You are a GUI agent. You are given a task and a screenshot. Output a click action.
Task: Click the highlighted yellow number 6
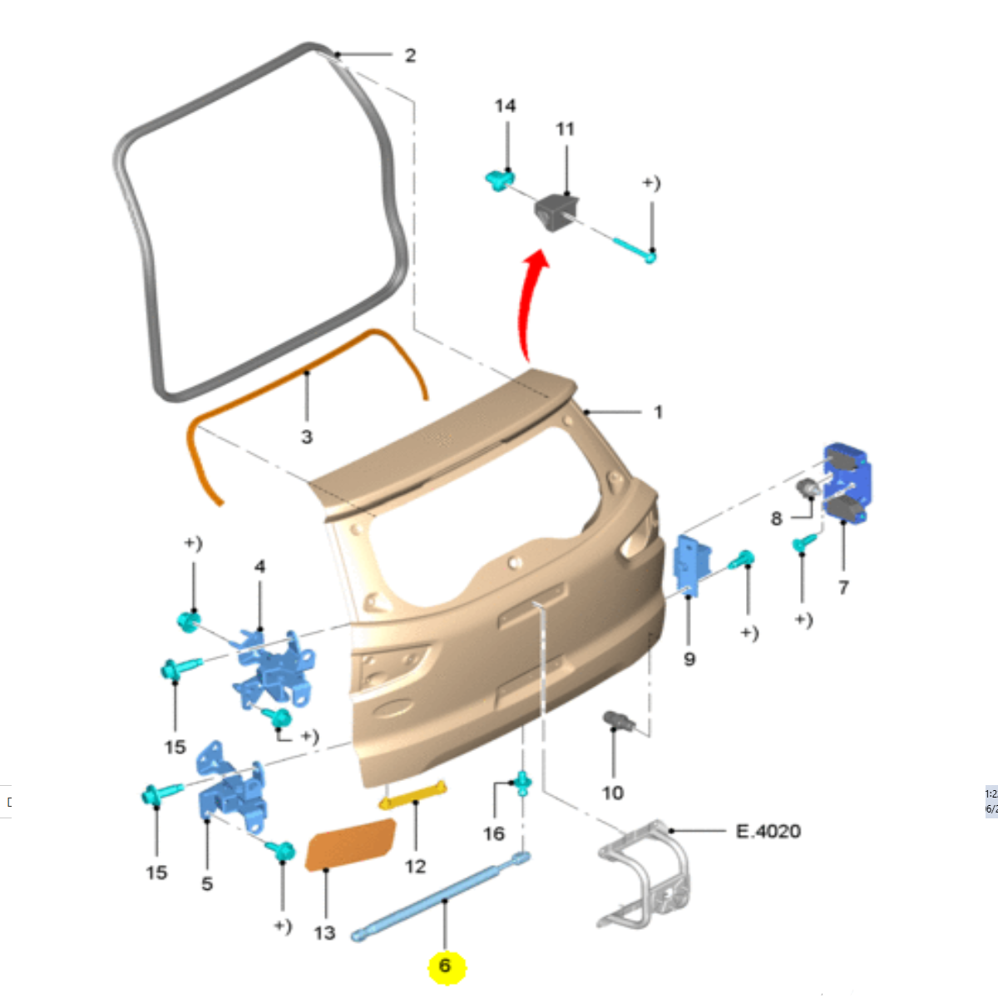click(445, 966)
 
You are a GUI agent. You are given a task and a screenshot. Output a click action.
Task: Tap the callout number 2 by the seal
click(410, 56)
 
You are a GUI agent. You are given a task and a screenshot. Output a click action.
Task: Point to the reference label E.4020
click(768, 831)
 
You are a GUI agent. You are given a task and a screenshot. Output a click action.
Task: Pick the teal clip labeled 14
click(498, 179)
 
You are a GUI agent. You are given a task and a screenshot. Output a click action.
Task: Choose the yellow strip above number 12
click(413, 795)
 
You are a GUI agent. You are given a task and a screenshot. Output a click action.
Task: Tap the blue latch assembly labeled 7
click(847, 483)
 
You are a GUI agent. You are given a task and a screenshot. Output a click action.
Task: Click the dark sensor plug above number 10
click(619, 720)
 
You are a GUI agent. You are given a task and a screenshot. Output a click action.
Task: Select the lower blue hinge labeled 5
click(230, 789)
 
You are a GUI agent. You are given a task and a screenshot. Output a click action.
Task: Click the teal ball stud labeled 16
click(521, 782)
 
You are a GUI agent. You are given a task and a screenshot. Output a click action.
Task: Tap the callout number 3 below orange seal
click(306, 437)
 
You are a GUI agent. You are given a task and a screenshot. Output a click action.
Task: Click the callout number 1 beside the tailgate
click(658, 412)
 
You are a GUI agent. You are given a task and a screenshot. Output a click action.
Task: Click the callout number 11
click(565, 129)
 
